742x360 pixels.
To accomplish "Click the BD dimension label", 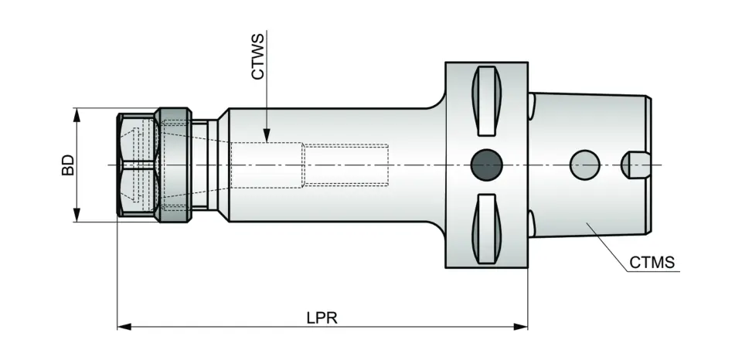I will [67, 165].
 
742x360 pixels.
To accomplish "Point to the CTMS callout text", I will [652, 263].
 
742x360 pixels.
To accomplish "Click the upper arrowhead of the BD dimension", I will [77, 114].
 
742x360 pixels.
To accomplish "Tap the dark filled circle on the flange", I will [487, 164].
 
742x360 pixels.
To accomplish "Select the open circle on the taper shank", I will [584, 164].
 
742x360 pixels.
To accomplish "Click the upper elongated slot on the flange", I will [487, 99].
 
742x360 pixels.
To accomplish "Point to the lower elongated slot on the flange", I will [487, 229].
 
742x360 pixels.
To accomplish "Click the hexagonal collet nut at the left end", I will [138, 165].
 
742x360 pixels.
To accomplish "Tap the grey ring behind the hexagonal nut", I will [173, 165].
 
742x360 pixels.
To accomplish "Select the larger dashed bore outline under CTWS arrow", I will [267, 165].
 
